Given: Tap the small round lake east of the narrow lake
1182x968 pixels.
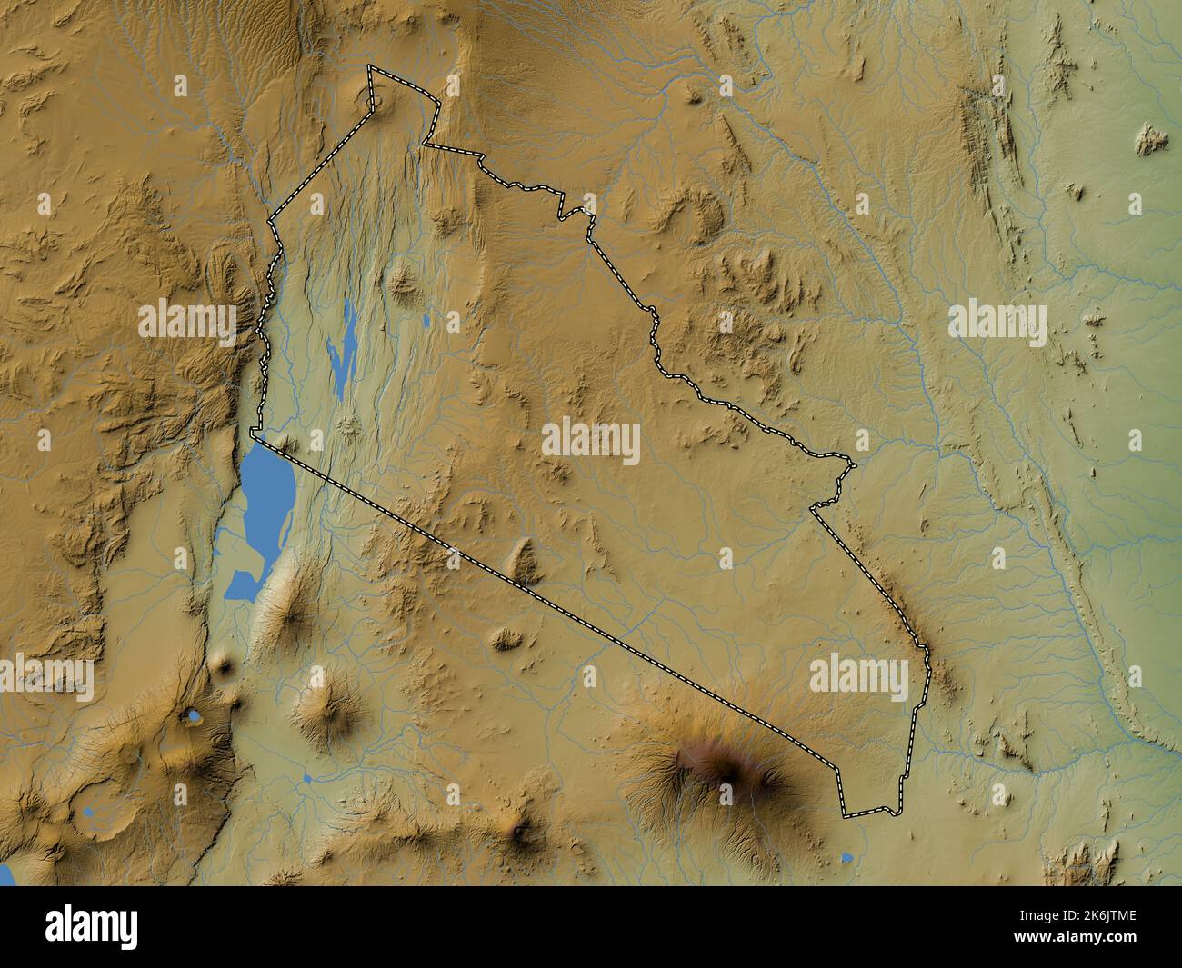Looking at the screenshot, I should coord(426,320).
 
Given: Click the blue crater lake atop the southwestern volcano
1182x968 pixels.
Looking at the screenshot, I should coord(193,717).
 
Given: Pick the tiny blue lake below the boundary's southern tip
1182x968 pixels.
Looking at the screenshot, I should coord(847,856).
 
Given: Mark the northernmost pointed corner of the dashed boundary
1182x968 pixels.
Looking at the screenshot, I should coord(369,67).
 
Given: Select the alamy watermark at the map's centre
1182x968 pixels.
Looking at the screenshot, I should coord(591,443).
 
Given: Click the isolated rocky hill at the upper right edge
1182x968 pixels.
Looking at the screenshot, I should coord(1151,138).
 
